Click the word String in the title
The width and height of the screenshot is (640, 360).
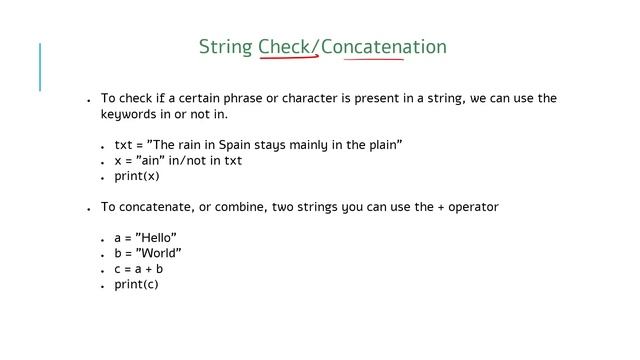[x=225, y=47]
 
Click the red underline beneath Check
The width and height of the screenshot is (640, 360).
[x=288, y=59]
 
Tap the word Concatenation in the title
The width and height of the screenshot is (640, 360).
[x=384, y=47]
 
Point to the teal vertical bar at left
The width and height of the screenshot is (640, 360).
[x=40, y=67]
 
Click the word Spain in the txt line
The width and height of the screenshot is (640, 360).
[x=237, y=145]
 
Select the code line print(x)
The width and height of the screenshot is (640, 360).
[x=136, y=176]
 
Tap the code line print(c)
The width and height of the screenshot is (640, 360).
[x=136, y=284]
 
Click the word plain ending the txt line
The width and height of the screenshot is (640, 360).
[x=384, y=145]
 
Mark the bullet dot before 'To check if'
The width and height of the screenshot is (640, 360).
[x=89, y=101]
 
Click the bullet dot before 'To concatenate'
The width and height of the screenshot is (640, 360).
[x=89, y=209]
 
